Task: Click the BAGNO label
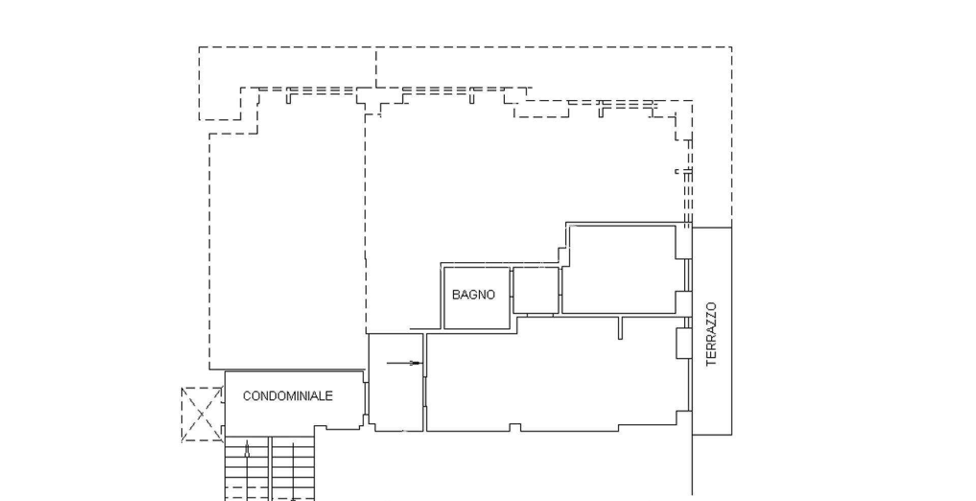pyautogui.click(x=473, y=295)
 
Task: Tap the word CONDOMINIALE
pyautogui.click(x=288, y=396)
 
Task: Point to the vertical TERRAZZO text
pyautogui.click(x=711, y=334)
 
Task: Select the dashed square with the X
pyautogui.click(x=202, y=414)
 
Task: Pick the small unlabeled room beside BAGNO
pyautogui.click(x=536, y=290)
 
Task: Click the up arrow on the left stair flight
pyautogui.click(x=247, y=449)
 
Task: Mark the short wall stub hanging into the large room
pyautogui.click(x=621, y=328)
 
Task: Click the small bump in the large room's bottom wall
pyautogui.click(x=515, y=427)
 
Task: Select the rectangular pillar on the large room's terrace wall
pyautogui.click(x=682, y=343)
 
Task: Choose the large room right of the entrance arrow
pyautogui.click(x=554, y=376)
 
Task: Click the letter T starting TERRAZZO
pyautogui.click(x=711, y=362)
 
